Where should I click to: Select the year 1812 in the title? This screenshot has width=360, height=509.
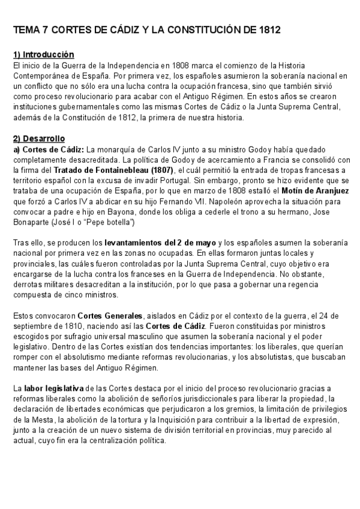pyautogui.click(x=268, y=29)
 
